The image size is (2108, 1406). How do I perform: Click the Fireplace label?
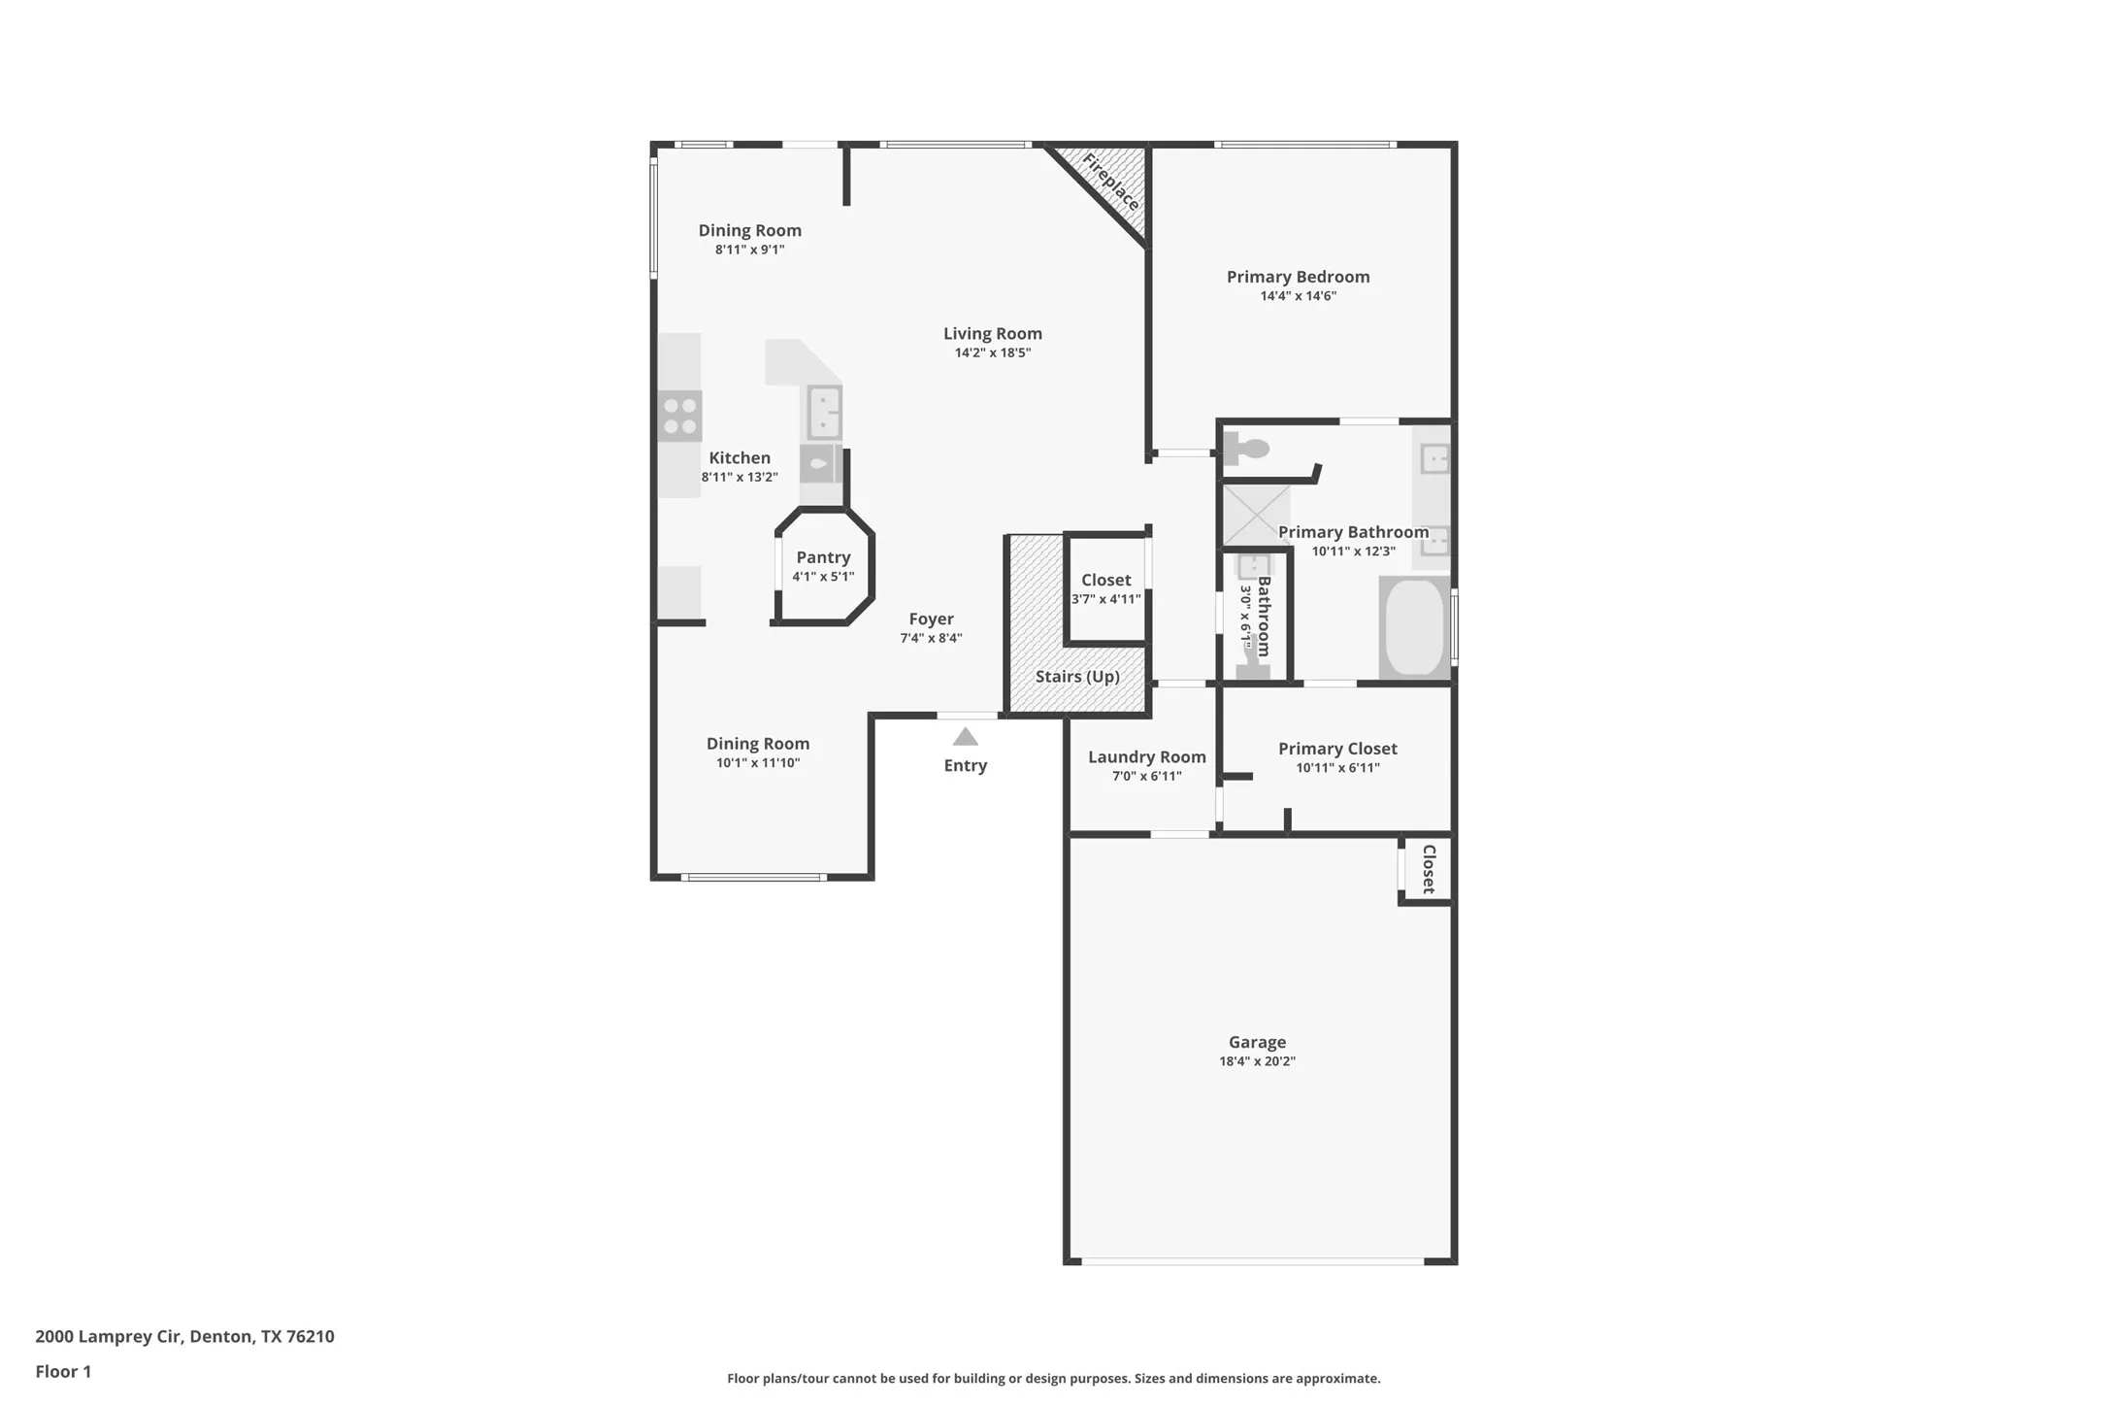1110,182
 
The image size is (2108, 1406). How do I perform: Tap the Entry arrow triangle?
965,737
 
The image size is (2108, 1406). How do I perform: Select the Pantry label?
823,557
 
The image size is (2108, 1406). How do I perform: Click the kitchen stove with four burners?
679,416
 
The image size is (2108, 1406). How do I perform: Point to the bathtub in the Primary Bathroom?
1415,627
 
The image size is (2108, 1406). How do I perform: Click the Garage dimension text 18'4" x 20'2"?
1257,1061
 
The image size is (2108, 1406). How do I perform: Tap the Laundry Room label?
1146,757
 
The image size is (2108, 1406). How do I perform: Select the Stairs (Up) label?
1077,677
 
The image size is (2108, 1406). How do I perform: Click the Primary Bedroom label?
1298,277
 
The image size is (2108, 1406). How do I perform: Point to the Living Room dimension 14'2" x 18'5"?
992,352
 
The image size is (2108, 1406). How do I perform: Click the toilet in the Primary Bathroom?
1246,449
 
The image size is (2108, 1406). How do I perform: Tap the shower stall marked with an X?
1255,516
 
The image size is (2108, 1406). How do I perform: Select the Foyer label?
931,619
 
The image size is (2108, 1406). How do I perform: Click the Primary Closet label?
1337,749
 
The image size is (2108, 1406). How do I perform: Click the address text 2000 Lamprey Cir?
109,1336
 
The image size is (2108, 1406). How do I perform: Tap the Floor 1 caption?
63,1371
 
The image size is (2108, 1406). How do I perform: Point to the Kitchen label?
740,458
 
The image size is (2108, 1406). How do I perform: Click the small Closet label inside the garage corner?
1429,869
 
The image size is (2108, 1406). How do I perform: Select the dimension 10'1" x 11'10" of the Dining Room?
758,763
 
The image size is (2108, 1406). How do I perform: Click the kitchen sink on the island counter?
824,412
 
